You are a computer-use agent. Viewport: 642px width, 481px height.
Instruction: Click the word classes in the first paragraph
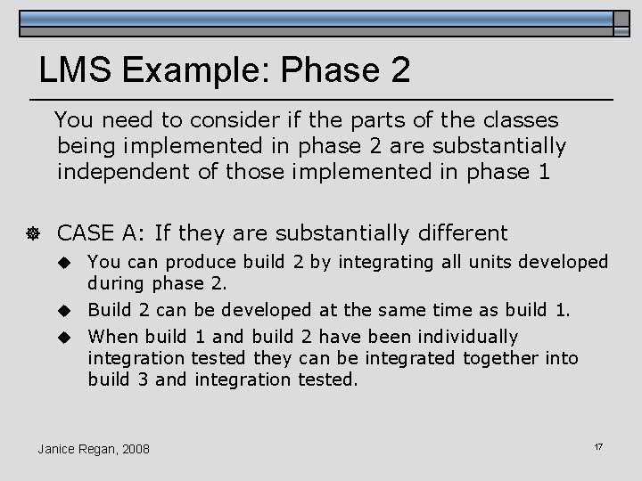click(x=517, y=119)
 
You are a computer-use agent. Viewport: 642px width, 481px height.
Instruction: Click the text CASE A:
click(x=101, y=233)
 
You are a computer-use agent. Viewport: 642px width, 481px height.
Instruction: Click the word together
click(x=506, y=358)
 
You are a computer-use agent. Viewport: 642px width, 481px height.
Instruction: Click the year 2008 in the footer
click(x=135, y=448)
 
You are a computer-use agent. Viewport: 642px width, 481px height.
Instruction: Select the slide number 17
click(x=598, y=444)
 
